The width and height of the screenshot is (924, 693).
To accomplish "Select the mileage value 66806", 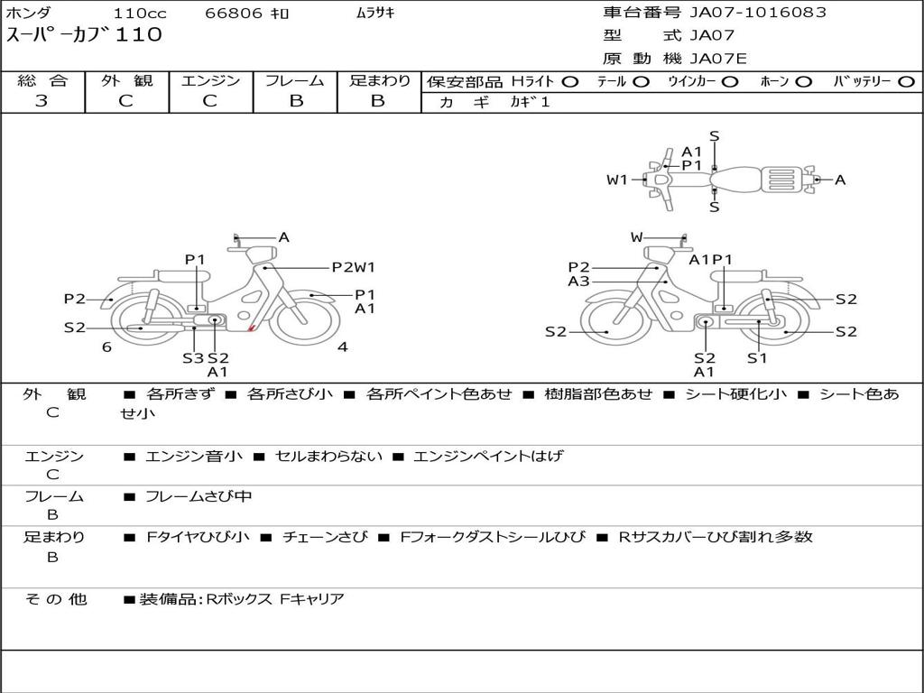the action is click(234, 14).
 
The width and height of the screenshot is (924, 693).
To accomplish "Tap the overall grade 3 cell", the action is click(42, 101).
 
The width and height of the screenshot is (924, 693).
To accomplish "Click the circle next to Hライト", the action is click(570, 82).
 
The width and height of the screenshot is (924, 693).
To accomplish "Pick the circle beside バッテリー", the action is click(906, 82).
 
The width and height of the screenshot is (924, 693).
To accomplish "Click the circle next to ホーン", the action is click(804, 82).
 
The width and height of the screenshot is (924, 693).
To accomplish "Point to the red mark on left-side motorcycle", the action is click(251, 328).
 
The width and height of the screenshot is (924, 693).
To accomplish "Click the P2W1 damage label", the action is click(354, 267).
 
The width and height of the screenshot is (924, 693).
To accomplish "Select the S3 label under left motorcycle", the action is click(193, 358).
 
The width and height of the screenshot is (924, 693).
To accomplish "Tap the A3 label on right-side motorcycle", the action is click(578, 282).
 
